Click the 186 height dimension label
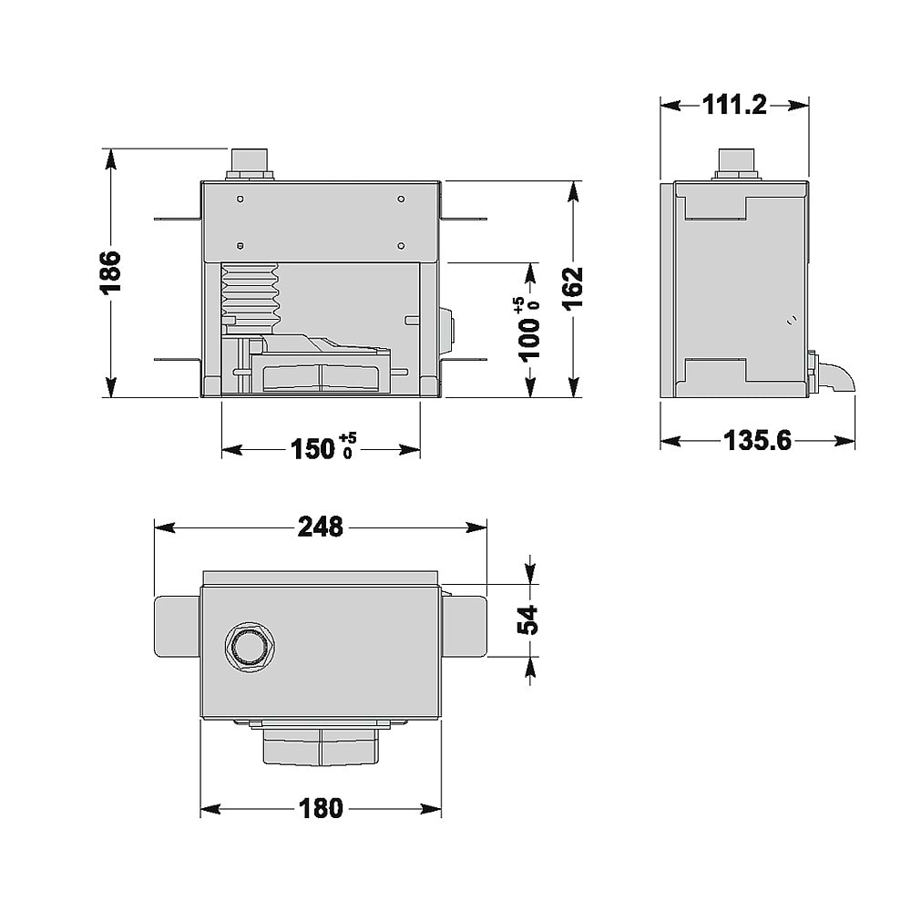pyautogui.click(x=110, y=272)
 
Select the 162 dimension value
pyautogui.click(x=573, y=289)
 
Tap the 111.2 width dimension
pyautogui.click(x=734, y=105)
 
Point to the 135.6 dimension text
pyautogui.click(x=757, y=440)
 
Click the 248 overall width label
pyautogui.click(x=320, y=527)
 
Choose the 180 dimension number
pyautogui.click(x=321, y=808)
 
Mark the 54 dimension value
pyautogui.click(x=528, y=619)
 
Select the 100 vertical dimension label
pyautogui.click(x=528, y=329)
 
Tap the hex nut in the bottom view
pyautogui.click(x=250, y=648)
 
